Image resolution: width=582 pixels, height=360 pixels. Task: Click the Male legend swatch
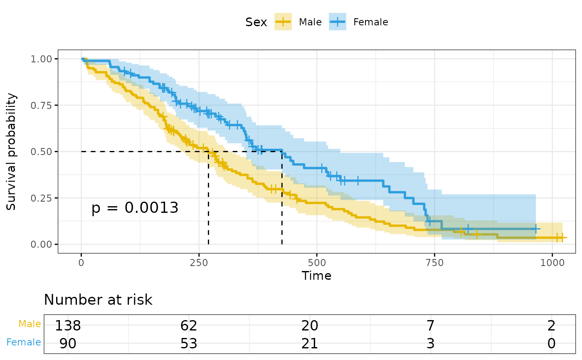283,22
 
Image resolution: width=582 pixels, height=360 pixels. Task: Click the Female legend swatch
337,22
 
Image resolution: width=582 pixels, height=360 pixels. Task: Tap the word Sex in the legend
256,22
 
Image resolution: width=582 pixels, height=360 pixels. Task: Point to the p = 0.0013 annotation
135,207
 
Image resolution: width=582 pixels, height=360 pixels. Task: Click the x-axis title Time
316,276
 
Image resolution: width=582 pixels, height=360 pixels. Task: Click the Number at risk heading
98,300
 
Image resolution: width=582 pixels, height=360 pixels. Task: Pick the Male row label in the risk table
30,324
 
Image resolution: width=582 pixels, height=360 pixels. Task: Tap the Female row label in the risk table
24,343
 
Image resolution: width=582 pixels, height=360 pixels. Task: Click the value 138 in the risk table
68,325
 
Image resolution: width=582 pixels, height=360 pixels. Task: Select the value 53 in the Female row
189,343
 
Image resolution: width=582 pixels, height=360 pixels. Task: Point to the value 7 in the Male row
431,325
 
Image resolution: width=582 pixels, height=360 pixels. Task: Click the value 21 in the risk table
310,343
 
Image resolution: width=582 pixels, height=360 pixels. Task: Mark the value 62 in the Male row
189,325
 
